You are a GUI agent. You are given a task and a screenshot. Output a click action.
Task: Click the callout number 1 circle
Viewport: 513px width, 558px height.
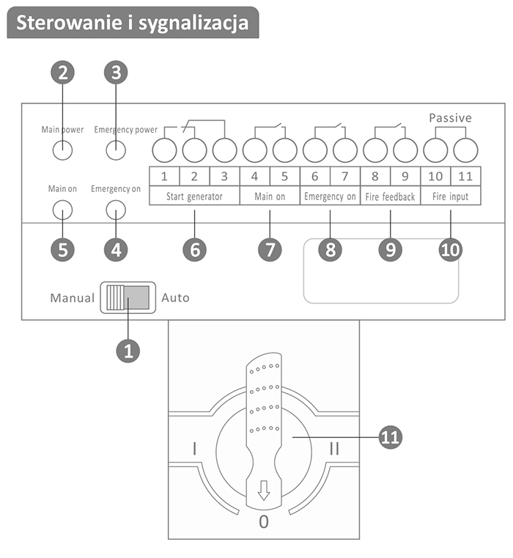pos(128,350)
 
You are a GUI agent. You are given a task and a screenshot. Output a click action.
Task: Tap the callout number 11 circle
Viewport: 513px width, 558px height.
pos(391,437)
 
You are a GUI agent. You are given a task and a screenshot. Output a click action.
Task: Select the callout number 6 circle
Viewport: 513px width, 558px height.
pos(195,249)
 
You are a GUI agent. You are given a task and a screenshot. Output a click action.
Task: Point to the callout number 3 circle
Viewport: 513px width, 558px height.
pos(116,73)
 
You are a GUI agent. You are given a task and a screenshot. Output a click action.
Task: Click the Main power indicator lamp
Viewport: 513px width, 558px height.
pos(62,150)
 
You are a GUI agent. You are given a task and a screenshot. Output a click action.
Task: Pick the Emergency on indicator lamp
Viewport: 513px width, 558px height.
pos(116,210)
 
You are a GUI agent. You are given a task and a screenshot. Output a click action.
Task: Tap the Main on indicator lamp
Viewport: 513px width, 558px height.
pos(62,210)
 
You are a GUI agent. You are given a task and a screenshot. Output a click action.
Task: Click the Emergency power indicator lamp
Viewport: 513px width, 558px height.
pos(116,150)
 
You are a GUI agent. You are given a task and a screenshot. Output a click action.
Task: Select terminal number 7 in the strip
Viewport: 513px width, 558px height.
pos(344,176)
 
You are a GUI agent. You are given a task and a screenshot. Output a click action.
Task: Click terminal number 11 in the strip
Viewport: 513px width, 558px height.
pos(465,176)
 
